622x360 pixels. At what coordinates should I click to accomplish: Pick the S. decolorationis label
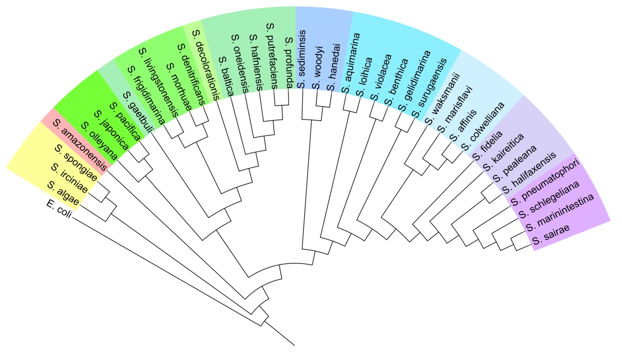point(207,65)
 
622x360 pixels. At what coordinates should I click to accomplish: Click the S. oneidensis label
point(239,63)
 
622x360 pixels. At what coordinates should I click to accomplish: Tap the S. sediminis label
point(302,58)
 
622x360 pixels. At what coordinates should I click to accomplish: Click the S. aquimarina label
point(352,63)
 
